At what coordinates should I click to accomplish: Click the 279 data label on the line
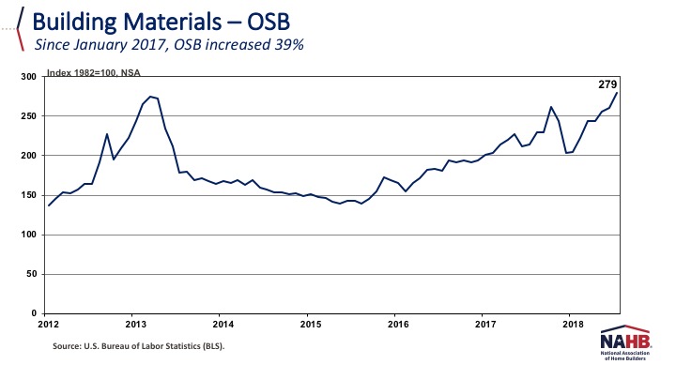click(x=607, y=84)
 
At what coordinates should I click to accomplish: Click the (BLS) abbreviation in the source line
click(x=204, y=347)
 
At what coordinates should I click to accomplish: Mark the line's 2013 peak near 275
click(x=151, y=97)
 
